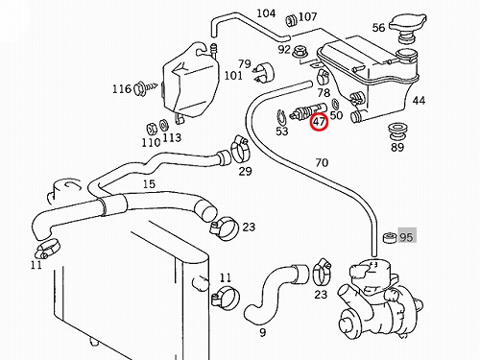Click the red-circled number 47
point(319,122)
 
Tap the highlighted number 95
point(406,237)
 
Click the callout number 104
point(266,13)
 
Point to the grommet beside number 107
point(291,20)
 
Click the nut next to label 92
point(300,51)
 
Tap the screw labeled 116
point(145,87)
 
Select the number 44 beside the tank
point(419,101)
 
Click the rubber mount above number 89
point(396,131)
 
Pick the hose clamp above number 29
point(240,150)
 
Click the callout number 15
point(149,184)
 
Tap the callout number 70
point(322,163)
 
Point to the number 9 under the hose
point(263,333)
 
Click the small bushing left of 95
point(390,237)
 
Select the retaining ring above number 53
point(281,118)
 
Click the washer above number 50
point(336,104)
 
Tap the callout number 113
point(172,138)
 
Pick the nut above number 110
point(152,129)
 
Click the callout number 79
point(244,63)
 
